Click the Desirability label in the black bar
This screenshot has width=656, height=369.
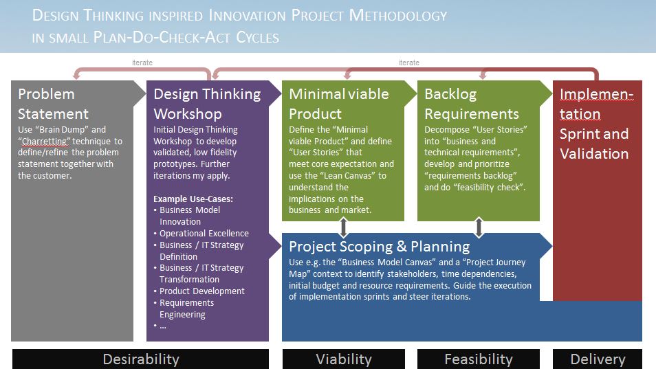(141, 359)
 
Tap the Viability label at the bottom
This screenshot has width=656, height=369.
(344, 359)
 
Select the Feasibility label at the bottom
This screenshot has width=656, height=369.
(479, 359)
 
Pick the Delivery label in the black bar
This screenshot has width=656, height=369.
(598, 359)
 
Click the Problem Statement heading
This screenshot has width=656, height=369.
(53, 104)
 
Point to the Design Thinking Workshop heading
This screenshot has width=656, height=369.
(207, 104)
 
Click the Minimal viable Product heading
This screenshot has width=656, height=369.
(339, 104)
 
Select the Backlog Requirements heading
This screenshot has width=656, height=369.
(472, 104)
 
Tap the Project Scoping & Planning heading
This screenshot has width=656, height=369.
(380, 247)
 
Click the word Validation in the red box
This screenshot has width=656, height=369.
(594, 154)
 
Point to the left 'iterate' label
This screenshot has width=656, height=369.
(142, 63)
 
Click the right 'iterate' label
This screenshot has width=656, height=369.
(408, 63)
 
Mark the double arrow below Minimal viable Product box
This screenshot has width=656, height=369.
(344, 227)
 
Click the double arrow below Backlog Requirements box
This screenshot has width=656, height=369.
(479, 227)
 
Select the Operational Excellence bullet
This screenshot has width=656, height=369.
(204, 233)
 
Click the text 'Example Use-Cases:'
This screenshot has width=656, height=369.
(193, 199)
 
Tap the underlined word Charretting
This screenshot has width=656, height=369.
(44, 142)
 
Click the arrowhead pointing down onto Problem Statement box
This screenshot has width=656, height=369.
(76, 76)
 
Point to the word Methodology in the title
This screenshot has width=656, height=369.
(398, 16)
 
